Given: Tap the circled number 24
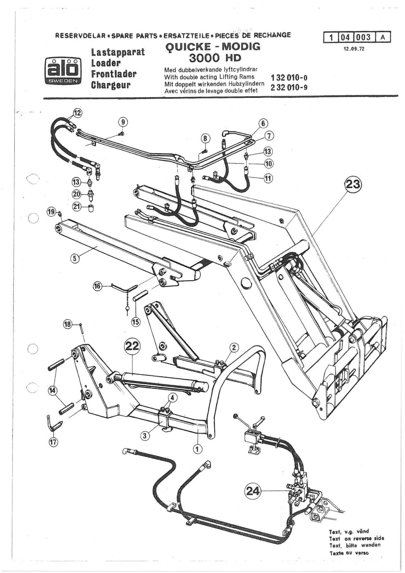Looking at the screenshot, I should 252,490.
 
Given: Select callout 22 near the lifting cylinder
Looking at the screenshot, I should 132,347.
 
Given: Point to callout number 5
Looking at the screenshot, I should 74,258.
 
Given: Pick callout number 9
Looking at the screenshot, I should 123,122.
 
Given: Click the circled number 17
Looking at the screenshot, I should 53,442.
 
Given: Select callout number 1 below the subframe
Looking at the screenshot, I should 198,449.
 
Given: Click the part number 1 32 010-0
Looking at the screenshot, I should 289,78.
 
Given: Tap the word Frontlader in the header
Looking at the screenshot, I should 114,74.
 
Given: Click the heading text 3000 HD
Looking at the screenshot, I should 215,58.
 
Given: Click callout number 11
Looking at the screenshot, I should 268,178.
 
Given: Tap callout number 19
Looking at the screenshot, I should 51,212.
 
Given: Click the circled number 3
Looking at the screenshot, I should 145,436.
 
